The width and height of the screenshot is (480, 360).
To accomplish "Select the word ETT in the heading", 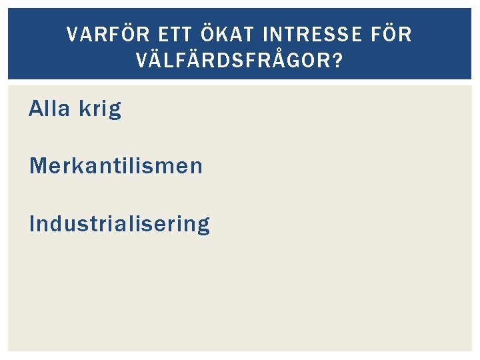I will (x=173, y=35).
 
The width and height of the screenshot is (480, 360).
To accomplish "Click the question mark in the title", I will (x=338, y=61).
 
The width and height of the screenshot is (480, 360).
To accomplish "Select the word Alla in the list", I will (x=49, y=109).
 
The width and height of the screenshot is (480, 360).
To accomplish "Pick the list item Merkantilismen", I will (x=115, y=165).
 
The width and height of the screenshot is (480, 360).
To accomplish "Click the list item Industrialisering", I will (x=119, y=224).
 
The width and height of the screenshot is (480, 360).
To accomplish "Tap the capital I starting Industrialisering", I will (x=32, y=224).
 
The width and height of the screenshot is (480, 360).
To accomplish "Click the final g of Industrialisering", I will (x=203, y=227).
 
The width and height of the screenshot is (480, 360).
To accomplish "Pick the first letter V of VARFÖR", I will (x=73, y=35).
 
